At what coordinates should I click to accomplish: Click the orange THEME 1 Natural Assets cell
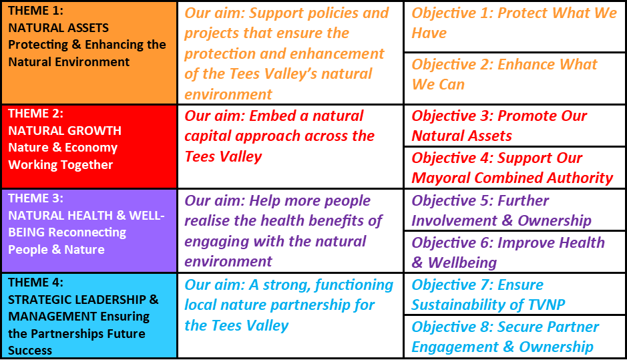(x=89, y=53)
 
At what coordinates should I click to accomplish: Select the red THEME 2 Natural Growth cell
(x=89, y=147)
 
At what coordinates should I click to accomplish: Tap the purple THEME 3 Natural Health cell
(x=89, y=231)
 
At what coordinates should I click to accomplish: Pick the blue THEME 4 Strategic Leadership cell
(x=89, y=316)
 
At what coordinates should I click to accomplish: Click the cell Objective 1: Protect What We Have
(x=515, y=27)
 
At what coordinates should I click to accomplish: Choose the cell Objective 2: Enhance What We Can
(x=515, y=78)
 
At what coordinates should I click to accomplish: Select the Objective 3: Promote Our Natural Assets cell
(x=515, y=126)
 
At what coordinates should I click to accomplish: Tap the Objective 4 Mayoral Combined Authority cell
(x=515, y=168)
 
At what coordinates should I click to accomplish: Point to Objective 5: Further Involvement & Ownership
(x=515, y=210)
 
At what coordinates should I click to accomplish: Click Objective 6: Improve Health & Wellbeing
(x=515, y=252)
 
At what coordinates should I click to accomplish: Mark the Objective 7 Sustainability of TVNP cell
(x=515, y=294)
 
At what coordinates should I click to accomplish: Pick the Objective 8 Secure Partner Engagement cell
(x=515, y=337)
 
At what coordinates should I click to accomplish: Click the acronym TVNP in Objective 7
(x=546, y=305)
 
